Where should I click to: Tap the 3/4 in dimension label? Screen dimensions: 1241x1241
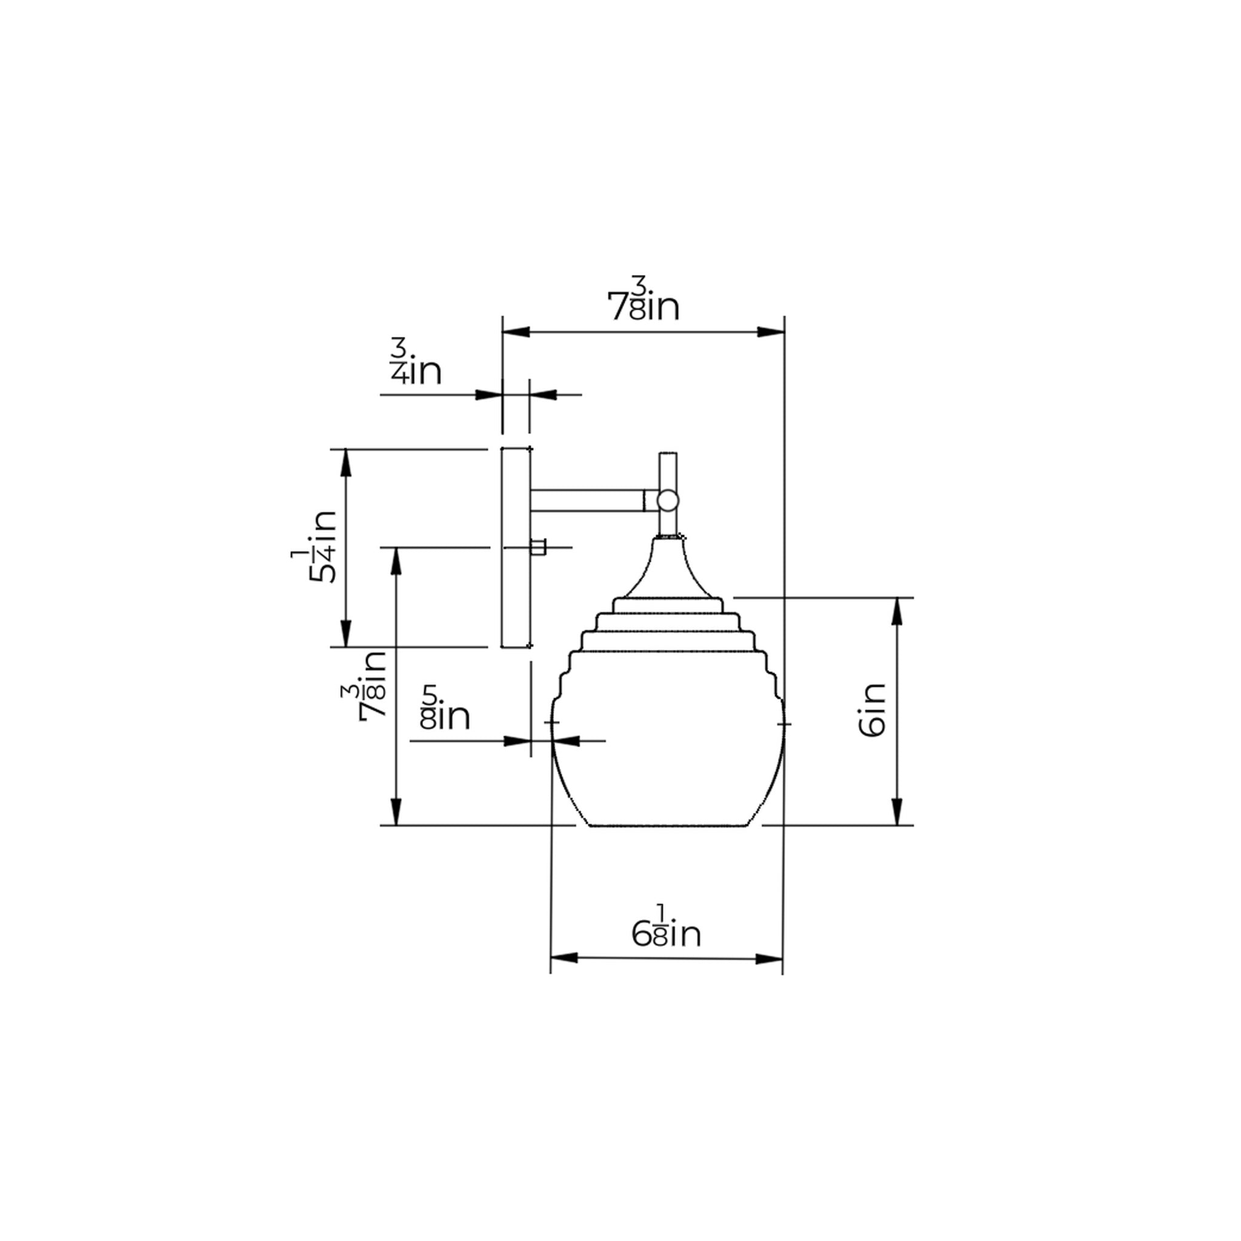tap(416, 363)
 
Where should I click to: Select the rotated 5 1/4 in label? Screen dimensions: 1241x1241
tap(314, 547)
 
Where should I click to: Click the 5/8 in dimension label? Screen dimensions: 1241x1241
tap(446, 707)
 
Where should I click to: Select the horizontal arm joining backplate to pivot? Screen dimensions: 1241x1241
tap(588, 501)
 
